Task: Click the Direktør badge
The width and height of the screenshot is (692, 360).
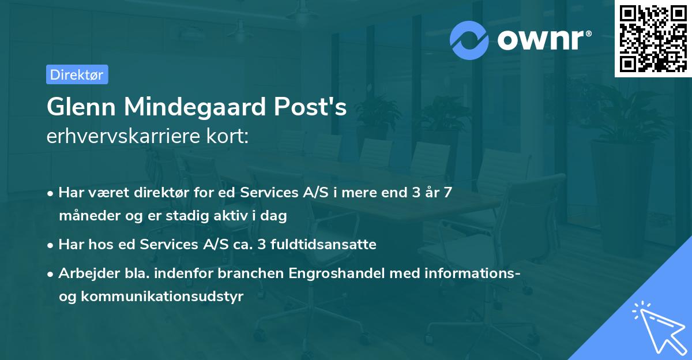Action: pyautogui.click(x=77, y=74)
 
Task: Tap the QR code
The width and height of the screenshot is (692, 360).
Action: pyautogui.click(x=653, y=38)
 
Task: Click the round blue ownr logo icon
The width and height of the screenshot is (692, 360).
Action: pyautogui.click(x=469, y=40)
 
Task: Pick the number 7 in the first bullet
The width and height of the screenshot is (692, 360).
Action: pyautogui.click(x=447, y=193)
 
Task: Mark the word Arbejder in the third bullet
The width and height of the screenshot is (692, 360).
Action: pyautogui.click(x=84, y=273)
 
